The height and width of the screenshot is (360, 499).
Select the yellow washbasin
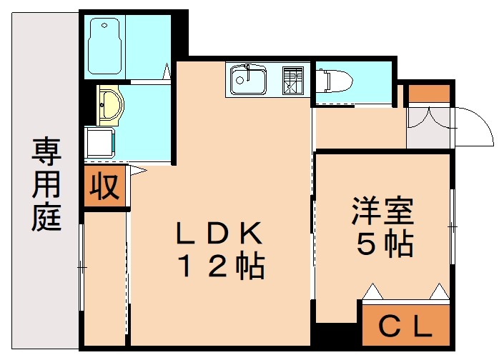[x=110, y=106]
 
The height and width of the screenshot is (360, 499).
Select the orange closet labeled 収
[x=104, y=187]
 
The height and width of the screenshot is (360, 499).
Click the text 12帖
[x=221, y=267]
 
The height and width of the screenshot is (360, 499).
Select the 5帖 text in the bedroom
[x=384, y=245]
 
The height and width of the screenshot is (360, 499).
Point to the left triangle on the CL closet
[x=372, y=291]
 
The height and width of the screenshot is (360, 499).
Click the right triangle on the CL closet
[x=439, y=291]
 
